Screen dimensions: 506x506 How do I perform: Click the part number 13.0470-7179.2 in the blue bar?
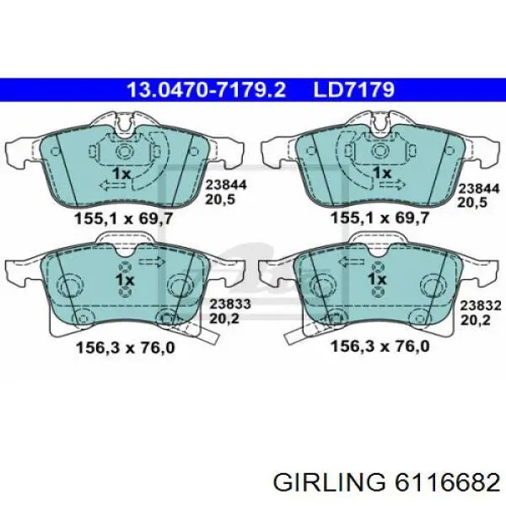[207, 89]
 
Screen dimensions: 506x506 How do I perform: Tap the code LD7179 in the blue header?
[354, 89]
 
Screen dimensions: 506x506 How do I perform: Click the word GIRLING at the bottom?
[329, 483]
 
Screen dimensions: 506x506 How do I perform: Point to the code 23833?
[230, 304]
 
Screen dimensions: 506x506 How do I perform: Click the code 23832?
[481, 305]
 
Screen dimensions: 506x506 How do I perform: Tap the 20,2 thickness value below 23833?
[224, 319]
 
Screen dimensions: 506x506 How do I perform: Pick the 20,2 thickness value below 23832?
[476, 320]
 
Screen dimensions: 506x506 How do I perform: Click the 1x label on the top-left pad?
[121, 174]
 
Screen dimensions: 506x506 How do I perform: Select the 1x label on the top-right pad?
[382, 173]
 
